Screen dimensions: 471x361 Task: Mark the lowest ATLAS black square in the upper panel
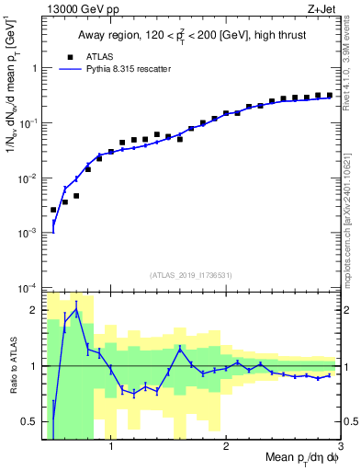(x=53, y=210)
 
